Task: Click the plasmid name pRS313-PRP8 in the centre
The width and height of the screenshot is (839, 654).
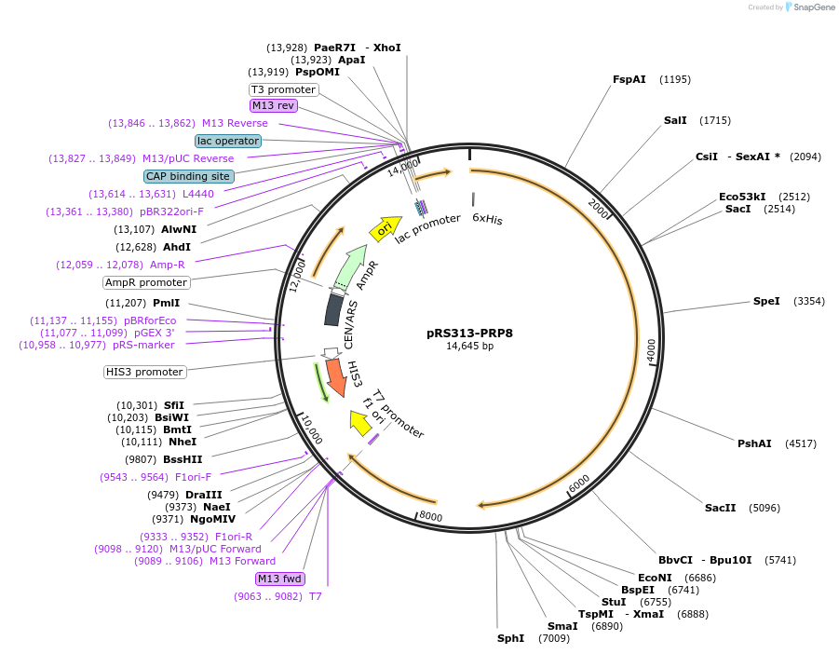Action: [469, 332]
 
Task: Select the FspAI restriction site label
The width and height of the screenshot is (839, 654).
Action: [629, 79]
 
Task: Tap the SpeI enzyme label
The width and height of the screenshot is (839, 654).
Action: [766, 301]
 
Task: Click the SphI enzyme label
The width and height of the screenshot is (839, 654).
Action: [510, 638]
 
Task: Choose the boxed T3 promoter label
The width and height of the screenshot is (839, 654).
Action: [284, 89]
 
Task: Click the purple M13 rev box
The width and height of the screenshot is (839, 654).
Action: [273, 105]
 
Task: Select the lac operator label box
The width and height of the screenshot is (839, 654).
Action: [228, 141]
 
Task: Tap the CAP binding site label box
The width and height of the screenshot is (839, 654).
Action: [188, 176]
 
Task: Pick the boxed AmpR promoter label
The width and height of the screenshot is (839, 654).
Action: [147, 282]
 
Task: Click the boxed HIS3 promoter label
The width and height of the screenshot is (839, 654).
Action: [144, 372]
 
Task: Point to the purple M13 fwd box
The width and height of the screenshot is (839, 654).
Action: [281, 579]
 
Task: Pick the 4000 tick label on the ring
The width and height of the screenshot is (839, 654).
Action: [651, 348]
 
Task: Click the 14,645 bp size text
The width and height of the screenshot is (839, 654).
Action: [469, 347]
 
